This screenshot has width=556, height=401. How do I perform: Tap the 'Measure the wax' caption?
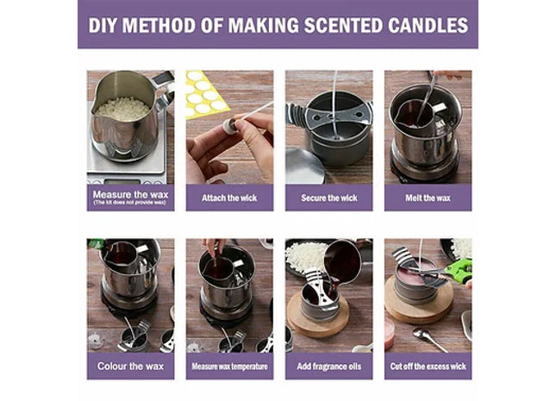pos(130,194)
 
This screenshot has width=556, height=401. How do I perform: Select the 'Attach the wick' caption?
pos(229,197)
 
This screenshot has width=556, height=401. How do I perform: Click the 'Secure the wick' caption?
pos(328,197)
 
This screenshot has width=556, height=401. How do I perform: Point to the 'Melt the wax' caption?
pos(428,197)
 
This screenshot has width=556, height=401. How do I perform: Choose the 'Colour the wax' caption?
pos(130,367)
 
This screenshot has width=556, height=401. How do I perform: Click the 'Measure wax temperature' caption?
pos(229,367)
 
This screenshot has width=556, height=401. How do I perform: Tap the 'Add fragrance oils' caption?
pos(328,367)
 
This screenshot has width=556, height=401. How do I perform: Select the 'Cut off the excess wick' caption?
pos(428,367)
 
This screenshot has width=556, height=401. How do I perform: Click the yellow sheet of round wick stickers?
pos(203,92)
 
